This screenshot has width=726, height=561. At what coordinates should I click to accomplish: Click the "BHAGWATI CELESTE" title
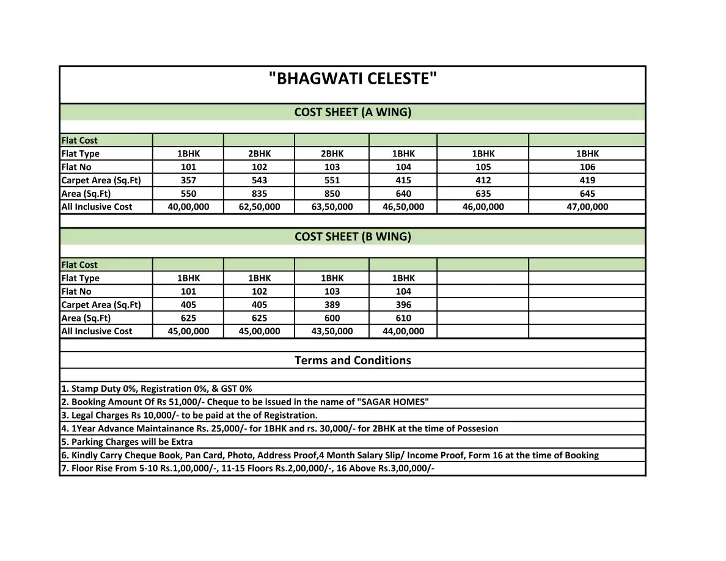[353, 79]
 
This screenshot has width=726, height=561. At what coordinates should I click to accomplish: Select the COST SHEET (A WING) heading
[353, 112]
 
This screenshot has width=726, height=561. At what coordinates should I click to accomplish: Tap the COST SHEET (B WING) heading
[353, 237]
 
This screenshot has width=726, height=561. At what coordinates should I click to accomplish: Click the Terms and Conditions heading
[353, 361]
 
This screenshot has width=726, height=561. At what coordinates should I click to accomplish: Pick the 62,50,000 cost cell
[259, 207]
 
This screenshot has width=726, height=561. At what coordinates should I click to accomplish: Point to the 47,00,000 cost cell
[587, 207]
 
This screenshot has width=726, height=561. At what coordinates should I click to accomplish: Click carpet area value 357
[188, 180]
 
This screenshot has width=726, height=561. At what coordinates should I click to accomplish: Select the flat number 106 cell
[587, 167]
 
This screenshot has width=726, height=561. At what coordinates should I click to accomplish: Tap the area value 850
[332, 194]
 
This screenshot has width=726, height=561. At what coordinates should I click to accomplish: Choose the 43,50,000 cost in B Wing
[332, 331]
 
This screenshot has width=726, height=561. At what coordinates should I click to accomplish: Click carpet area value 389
[332, 305]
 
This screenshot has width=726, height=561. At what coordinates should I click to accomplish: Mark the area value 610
[403, 318]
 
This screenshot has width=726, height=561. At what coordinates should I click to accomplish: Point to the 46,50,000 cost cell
[403, 207]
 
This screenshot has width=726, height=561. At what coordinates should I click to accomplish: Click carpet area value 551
[332, 180]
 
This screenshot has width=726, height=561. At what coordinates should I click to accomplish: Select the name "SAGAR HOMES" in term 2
[394, 402]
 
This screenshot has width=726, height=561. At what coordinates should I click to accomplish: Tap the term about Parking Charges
[127, 442]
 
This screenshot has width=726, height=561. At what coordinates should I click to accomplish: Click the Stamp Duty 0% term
[156, 389]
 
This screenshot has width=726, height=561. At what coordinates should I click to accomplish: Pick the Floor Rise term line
[248, 469]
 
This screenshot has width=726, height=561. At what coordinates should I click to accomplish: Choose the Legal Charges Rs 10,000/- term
[189, 416]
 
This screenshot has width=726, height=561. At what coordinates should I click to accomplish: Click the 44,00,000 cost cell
[403, 331]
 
